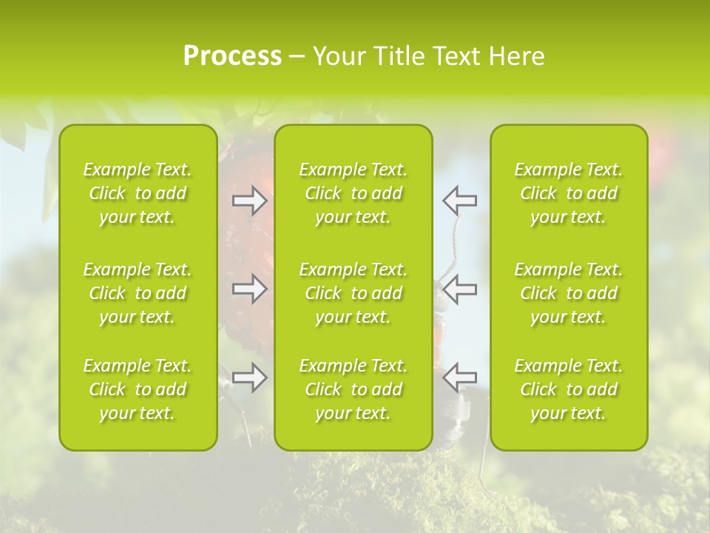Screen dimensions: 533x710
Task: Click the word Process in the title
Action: (232, 56)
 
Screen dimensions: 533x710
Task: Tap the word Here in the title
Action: (516, 56)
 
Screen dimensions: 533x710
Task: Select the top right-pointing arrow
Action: (250, 201)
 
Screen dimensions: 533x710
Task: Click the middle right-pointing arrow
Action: (250, 289)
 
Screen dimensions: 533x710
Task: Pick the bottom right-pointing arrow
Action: (250, 378)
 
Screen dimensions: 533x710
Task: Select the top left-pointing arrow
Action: (459, 201)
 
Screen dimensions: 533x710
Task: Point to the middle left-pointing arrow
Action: (459, 289)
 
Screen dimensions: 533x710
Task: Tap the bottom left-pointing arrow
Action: (459, 378)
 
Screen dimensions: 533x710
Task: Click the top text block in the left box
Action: (138, 193)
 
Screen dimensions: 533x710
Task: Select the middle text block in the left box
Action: (138, 293)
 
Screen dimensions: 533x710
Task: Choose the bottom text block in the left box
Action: (138, 389)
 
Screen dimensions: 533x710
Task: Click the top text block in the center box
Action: (354, 193)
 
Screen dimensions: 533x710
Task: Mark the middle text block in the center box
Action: (354, 293)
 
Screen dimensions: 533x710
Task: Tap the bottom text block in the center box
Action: (354, 389)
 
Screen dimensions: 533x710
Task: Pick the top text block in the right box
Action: (569, 193)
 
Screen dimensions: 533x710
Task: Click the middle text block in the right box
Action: (569, 293)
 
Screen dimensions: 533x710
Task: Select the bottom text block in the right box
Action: (569, 389)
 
